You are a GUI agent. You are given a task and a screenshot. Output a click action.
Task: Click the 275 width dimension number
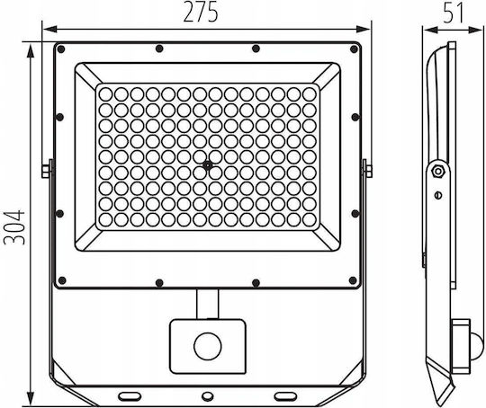pyautogui.click(x=201, y=12)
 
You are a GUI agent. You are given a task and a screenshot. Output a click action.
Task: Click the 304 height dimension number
pyautogui.click(x=14, y=227)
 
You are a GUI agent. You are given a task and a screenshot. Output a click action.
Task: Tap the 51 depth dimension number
pyautogui.click(x=453, y=13)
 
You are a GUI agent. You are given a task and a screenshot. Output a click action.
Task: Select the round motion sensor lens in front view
pyautogui.click(x=207, y=346)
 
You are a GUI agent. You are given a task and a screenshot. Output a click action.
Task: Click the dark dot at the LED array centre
pyautogui.click(x=207, y=165)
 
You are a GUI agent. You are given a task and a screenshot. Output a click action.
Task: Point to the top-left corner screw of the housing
pyautogui.click(x=61, y=49)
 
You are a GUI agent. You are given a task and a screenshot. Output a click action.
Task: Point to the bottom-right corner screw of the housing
pyautogui.click(x=353, y=280)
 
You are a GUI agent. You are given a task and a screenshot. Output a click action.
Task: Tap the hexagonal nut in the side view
pyautogui.click(x=438, y=171)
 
